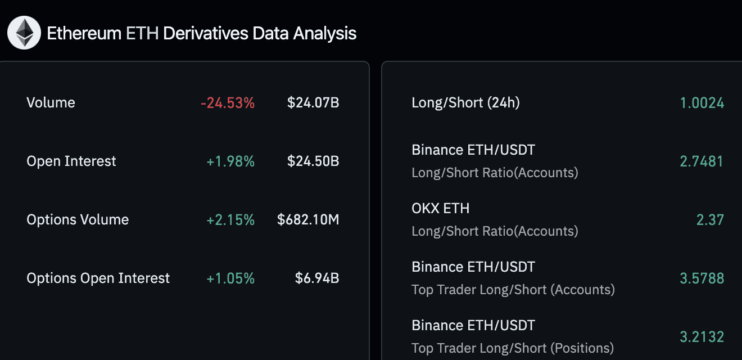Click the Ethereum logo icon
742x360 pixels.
pos(24,33)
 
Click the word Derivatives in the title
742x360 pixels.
pos(205,33)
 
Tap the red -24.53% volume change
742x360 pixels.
pos(228,103)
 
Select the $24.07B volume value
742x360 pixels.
pos(313,103)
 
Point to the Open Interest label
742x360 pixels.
pos(71,161)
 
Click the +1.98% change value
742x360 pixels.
pos(230,161)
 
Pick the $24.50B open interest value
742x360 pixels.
pos(313,161)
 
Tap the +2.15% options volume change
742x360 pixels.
pos(230,220)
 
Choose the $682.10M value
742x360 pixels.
pos(308,220)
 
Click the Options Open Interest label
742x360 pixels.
pos(98,278)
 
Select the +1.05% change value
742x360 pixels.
pos(230,278)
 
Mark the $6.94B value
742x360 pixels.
pos(317,278)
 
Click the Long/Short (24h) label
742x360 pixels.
pos(465,103)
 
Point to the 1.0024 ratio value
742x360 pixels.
pos(702,103)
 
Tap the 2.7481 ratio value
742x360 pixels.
pos(702,161)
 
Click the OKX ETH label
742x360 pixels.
pos(440,209)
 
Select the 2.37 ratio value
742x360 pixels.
pos(710,220)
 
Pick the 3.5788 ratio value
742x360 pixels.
pos(702,278)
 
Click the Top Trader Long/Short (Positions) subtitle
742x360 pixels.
pos(513,348)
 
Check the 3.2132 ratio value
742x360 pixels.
pos(702,337)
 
